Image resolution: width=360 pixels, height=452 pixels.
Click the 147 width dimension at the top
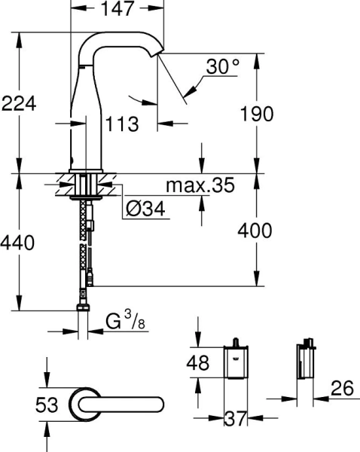118,9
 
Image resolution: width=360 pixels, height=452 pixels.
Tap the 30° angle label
223,67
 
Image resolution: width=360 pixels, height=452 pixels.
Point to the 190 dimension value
253,114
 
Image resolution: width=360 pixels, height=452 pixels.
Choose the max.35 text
200,185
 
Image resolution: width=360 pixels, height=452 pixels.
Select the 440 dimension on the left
19,243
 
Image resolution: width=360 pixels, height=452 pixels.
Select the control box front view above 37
237,364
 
